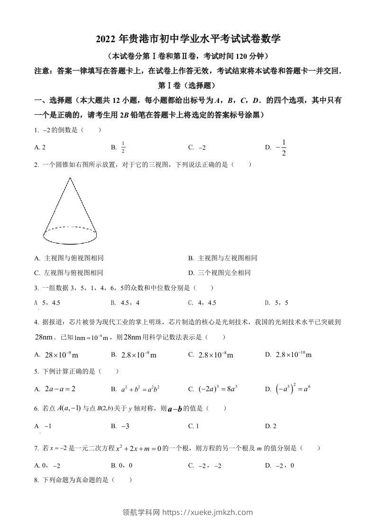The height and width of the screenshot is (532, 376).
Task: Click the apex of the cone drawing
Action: pos(70,178)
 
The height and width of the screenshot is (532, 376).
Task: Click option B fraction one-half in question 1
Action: pos(123,147)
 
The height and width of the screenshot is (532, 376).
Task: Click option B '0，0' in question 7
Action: pos(126,466)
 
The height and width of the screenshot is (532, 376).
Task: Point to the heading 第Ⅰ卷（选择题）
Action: pos(188,86)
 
